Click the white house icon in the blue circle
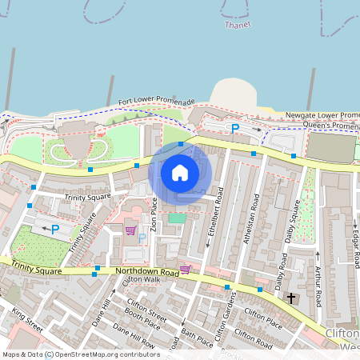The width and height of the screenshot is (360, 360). pyautogui.click(x=180, y=172)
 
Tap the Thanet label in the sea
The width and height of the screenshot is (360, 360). pyautogui.click(x=238, y=25)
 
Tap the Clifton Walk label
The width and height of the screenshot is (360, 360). pyautogui.click(x=141, y=279)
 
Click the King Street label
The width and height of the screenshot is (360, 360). pyautogui.click(x=26, y=322)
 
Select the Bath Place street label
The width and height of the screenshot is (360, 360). pyautogui.click(x=197, y=336)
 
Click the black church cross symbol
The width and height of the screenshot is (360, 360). pyautogui.click(x=290, y=298)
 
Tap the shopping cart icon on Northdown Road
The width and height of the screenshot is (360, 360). pyautogui.click(x=185, y=269)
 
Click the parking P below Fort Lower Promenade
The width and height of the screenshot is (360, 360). pyautogui.click(x=235, y=128)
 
